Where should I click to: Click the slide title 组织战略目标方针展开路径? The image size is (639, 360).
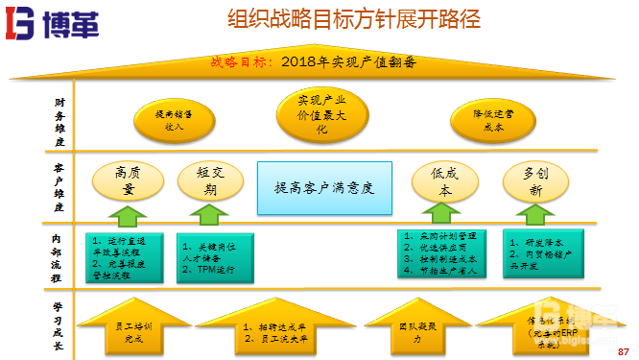pyautogui.click(x=354, y=19)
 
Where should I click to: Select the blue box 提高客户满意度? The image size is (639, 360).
pyautogui.click(x=323, y=187)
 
